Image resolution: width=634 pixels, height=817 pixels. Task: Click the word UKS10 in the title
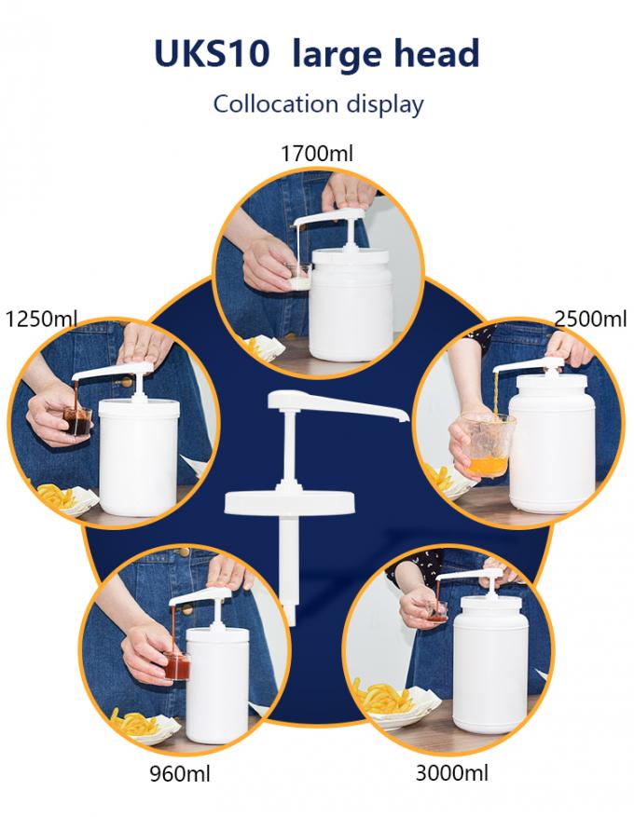(x=212, y=53)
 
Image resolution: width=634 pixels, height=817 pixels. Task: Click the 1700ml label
(x=317, y=153)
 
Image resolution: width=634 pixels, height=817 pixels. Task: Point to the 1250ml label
(x=41, y=318)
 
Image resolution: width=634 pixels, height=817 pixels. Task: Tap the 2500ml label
(x=590, y=318)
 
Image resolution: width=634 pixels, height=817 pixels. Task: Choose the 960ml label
(x=180, y=773)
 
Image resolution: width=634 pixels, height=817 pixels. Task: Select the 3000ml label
(x=452, y=772)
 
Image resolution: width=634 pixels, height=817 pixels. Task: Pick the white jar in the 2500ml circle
(x=552, y=442)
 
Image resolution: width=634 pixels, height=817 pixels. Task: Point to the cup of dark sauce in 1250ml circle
(x=77, y=421)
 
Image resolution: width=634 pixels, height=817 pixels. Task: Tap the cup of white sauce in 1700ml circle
(x=297, y=276)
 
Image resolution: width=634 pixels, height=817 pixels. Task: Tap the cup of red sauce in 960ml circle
(x=177, y=666)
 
